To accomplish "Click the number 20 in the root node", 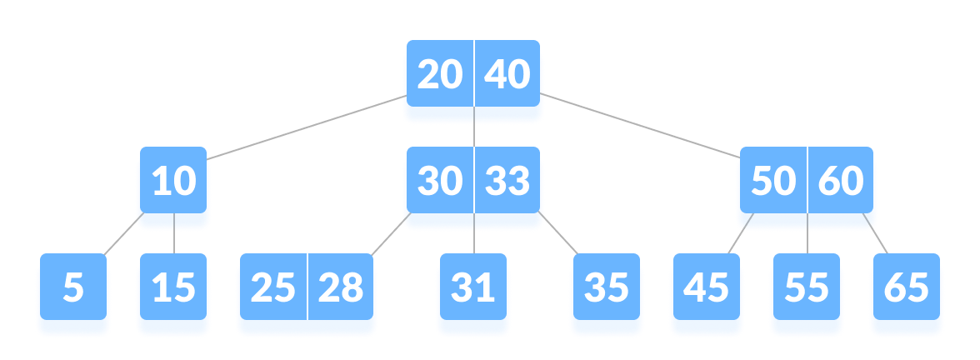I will coord(439,76).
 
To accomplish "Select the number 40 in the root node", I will coord(507,76).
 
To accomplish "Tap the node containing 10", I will coord(174,182).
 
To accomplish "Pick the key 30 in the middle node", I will coord(439,182).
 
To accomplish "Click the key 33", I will coord(507,182).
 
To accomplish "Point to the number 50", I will coord(772,182).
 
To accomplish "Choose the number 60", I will coord(841,182).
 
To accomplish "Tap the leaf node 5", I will coord(73,288).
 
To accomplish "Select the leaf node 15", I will coord(173,288).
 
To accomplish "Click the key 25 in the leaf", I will coord(272,288).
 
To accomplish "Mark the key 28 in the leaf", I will coord(341,288).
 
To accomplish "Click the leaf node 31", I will coord(472,288).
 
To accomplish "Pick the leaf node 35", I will coord(606,288).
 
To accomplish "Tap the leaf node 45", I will coord(706,288).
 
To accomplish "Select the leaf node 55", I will coord(806,288).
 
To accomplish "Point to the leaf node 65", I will coord(906,288).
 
